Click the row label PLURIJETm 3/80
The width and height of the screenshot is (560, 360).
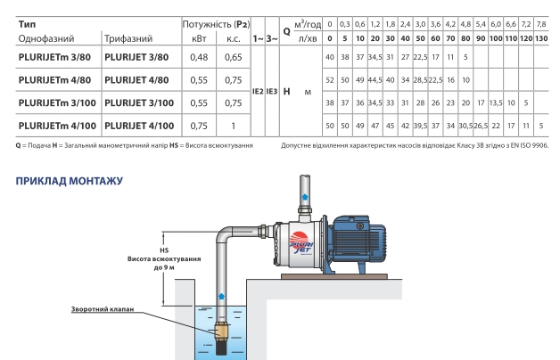click(54, 57)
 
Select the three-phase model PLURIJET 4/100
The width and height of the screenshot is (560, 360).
click(139, 126)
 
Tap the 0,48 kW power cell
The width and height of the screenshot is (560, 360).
click(199, 57)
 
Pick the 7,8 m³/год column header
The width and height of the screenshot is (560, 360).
click(541, 24)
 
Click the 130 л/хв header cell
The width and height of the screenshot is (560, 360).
click(541, 38)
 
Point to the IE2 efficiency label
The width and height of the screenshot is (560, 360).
click(258, 92)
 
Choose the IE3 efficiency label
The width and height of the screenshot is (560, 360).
click(272, 92)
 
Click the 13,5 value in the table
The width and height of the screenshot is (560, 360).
click(496, 102)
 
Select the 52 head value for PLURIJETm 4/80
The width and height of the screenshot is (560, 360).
click(330, 80)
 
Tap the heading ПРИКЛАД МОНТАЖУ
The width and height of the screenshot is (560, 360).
click(70, 181)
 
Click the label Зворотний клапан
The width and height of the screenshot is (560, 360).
click(103, 309)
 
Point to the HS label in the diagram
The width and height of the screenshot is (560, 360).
click(164, 250)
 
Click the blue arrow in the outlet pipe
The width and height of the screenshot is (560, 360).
click(305, 196)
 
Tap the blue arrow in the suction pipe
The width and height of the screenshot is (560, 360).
click(221, 296)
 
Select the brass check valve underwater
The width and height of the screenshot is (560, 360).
click(221, 331)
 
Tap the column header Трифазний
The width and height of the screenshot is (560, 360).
click(128, 38)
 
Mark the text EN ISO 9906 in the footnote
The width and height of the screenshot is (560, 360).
click(531, 145)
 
